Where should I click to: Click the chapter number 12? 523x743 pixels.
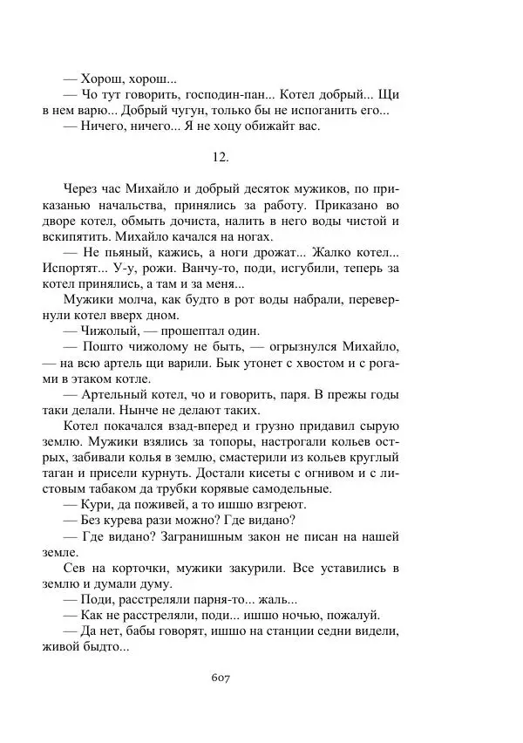pos(221,157)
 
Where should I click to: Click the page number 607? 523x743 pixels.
pos(221,677)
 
